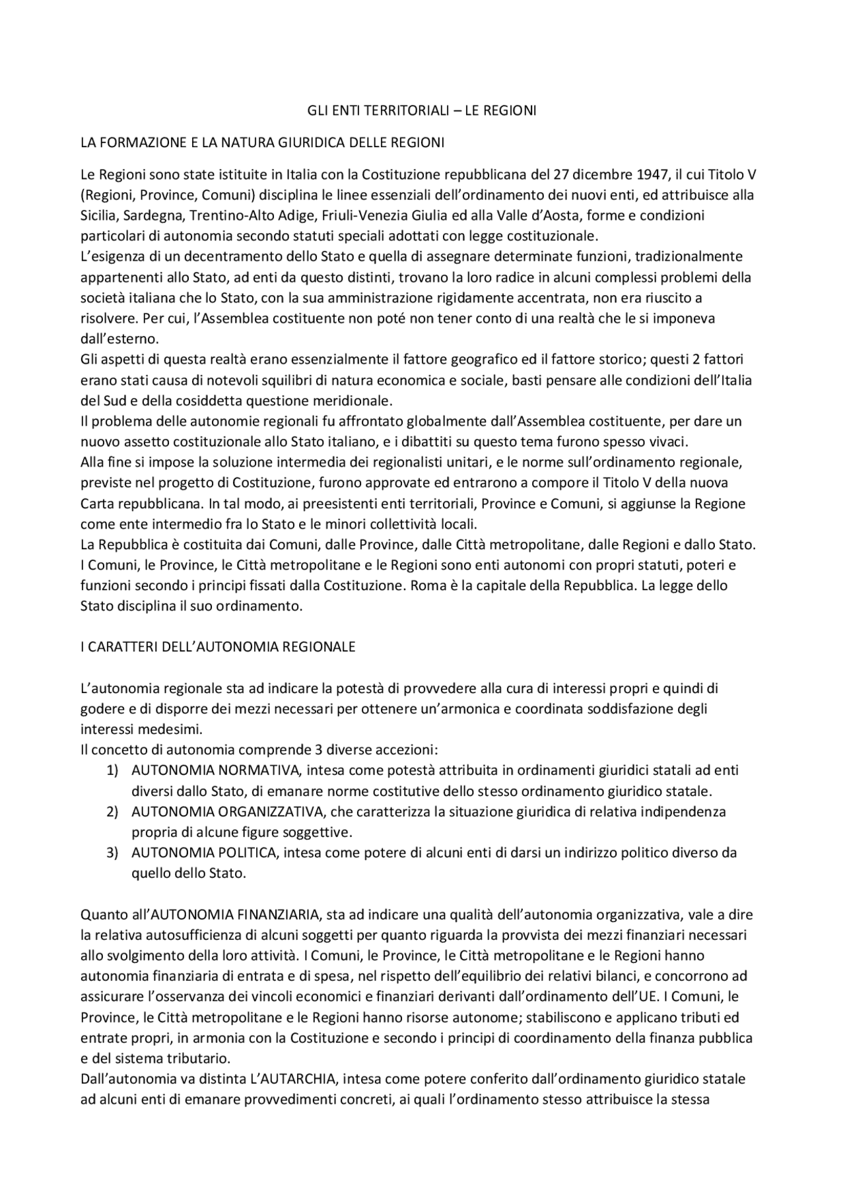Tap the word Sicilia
click(98, 216)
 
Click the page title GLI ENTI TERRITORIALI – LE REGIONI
click(422, 111)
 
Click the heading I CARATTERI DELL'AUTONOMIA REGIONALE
click(218, 647)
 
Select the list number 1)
click(112, 770)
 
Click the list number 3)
click(112, 853)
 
